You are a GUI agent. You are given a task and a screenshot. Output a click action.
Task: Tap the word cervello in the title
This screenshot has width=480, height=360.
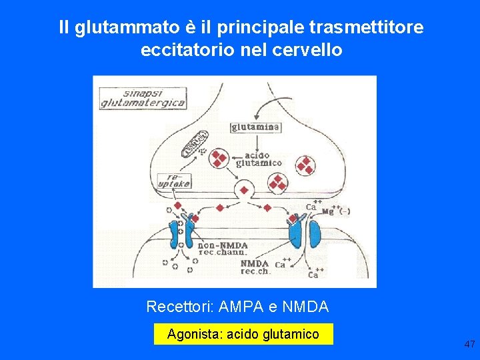tap(311, 49)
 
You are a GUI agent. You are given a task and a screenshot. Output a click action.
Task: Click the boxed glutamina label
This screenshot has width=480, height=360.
tap(256, 127)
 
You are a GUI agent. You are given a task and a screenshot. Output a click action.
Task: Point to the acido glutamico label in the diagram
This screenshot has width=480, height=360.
tap(259, 159)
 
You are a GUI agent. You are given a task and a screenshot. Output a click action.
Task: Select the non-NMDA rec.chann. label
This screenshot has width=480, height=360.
tap(223, 248)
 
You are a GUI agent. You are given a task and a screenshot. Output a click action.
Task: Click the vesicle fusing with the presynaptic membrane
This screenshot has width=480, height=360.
tap(244, 190)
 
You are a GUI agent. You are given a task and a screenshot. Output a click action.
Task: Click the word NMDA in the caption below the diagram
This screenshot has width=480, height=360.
tap(305, 307)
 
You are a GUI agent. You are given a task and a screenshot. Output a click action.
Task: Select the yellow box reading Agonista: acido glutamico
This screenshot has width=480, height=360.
tap(243, 334)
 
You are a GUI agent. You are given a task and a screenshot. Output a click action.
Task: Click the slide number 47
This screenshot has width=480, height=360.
tap(469, 344)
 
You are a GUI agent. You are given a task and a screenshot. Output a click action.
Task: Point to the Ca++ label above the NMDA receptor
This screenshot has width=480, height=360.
tap(311, 206)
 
